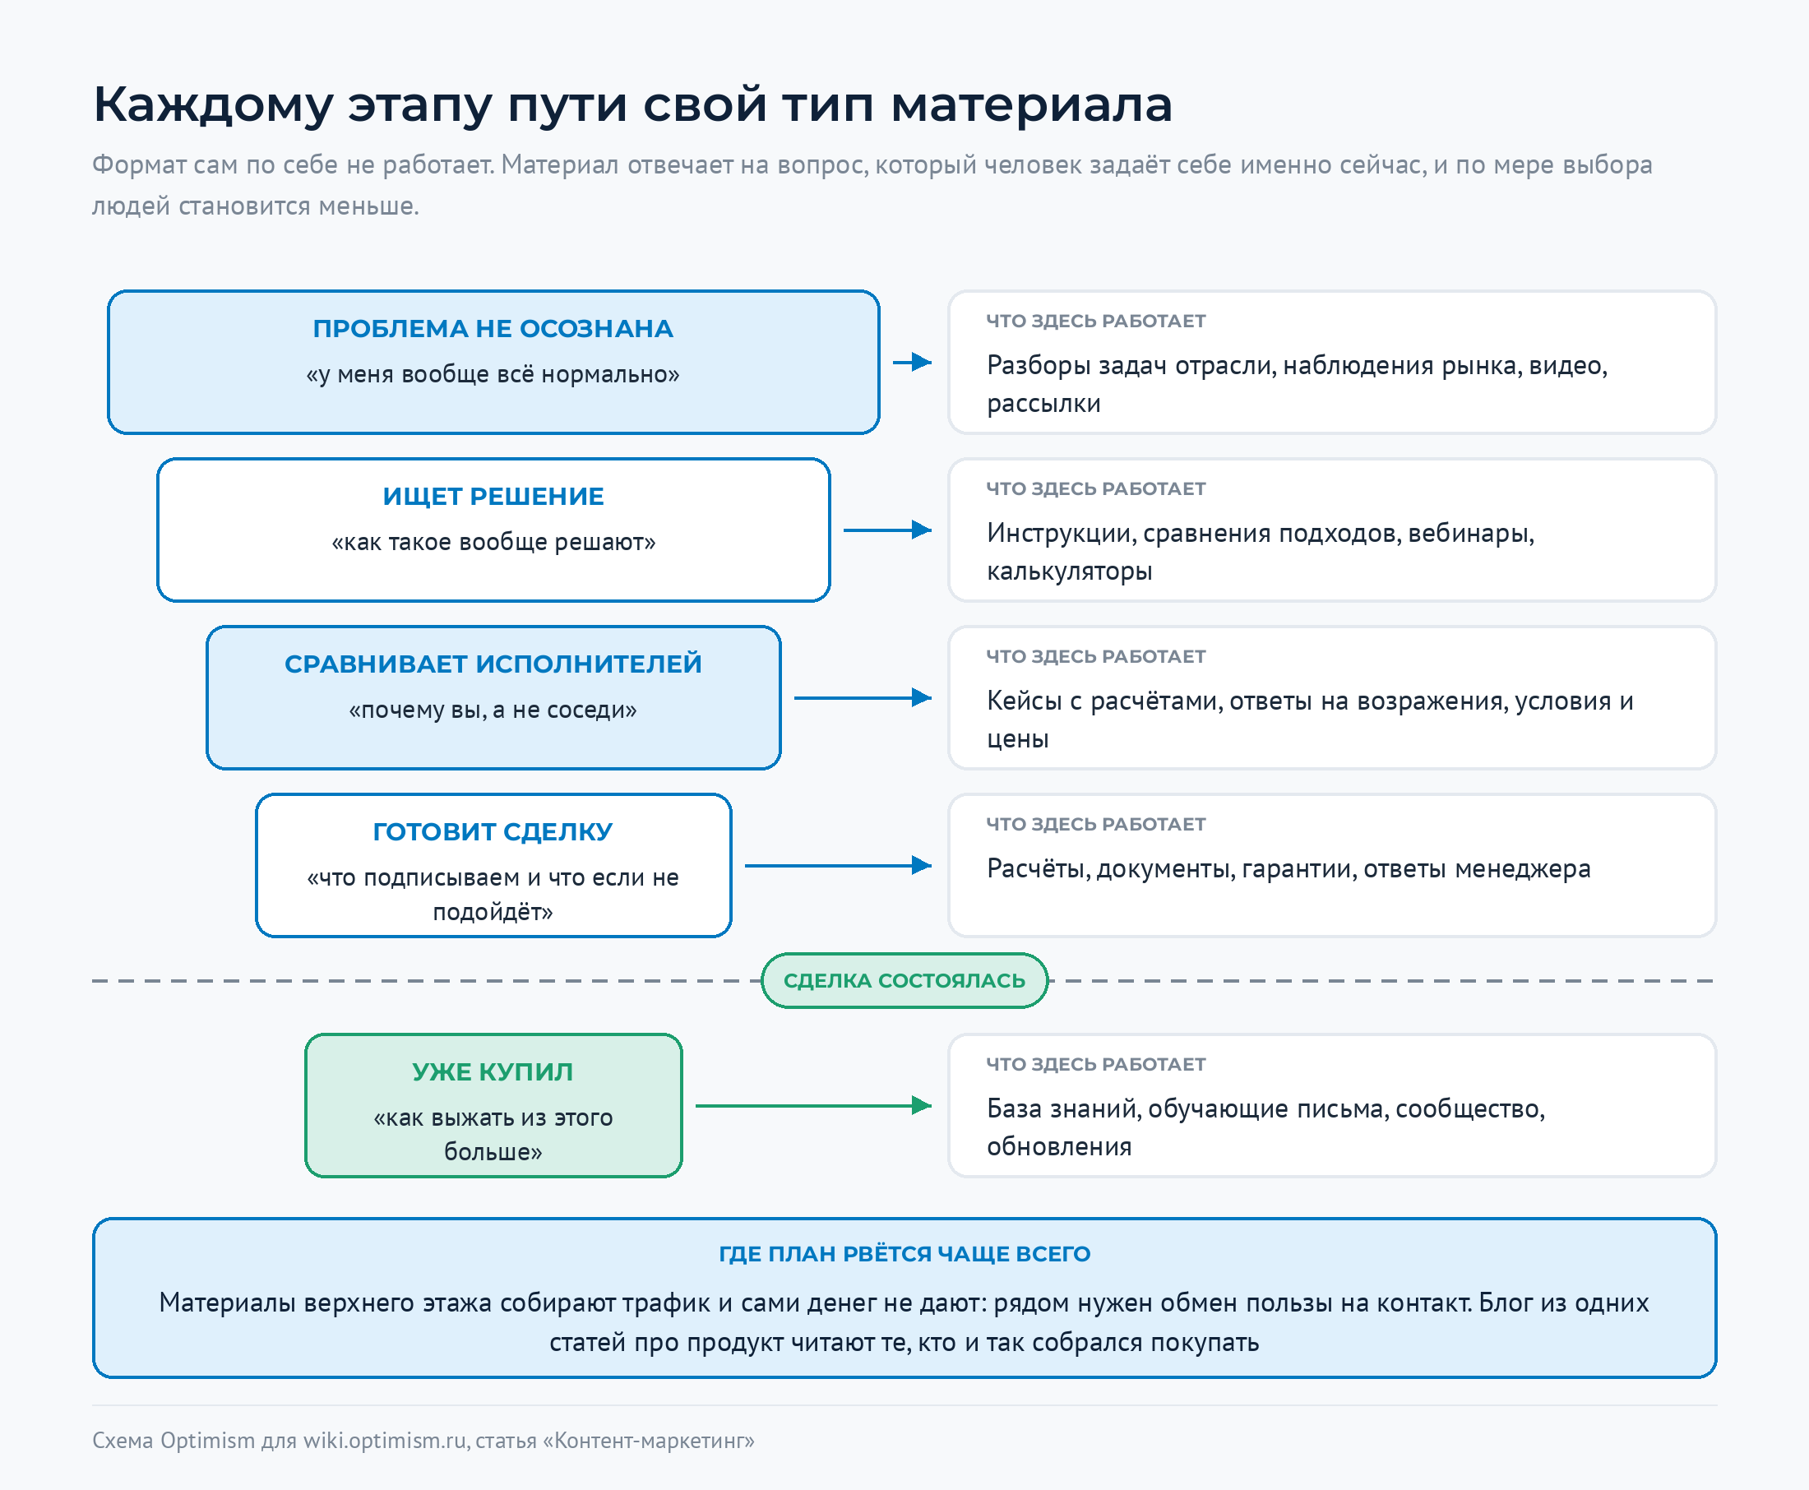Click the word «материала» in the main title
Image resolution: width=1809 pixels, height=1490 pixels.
1030,105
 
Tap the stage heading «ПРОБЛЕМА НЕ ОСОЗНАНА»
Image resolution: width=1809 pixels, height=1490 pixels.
493,329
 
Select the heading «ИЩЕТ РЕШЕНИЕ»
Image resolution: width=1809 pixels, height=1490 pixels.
493,496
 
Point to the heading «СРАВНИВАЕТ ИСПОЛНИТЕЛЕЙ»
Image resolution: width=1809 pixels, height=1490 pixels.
493,664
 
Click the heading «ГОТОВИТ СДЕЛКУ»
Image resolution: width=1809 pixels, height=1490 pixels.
493,831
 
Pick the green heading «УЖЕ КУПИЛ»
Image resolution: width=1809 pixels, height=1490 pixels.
493,1072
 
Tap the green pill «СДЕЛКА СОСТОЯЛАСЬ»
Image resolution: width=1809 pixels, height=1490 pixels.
904,980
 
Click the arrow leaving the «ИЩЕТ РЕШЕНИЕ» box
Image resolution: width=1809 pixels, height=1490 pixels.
887,530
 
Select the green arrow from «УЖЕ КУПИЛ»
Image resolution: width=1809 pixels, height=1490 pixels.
813,1105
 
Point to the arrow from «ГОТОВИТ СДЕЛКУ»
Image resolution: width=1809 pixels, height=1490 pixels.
839,865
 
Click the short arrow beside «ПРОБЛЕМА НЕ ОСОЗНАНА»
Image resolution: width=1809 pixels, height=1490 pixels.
912,362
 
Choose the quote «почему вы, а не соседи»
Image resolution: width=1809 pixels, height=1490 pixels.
493,710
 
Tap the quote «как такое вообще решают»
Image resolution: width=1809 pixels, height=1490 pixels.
493,543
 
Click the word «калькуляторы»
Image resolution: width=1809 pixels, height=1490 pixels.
1069,571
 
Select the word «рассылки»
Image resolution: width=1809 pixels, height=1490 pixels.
1043,405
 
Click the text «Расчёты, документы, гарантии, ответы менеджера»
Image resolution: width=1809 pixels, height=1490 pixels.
1289,869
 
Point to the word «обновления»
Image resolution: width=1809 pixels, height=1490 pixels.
1059,1146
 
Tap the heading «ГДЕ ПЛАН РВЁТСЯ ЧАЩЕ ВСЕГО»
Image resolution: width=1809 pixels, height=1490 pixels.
904,1254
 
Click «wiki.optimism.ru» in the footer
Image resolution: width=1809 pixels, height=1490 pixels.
385,1440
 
